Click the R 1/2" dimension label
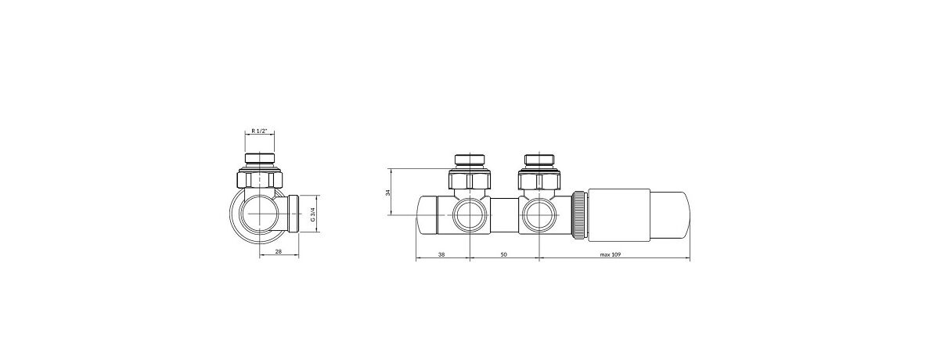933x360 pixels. [260, 131]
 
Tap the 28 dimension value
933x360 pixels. [278, 252]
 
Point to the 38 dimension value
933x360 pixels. [441, 255]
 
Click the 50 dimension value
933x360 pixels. [503, 255]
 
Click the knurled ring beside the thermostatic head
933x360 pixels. [579, 215]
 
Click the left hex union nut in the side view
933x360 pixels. [470, 181]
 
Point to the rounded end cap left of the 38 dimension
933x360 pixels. [427, 214]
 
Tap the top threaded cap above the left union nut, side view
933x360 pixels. [470, 161]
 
